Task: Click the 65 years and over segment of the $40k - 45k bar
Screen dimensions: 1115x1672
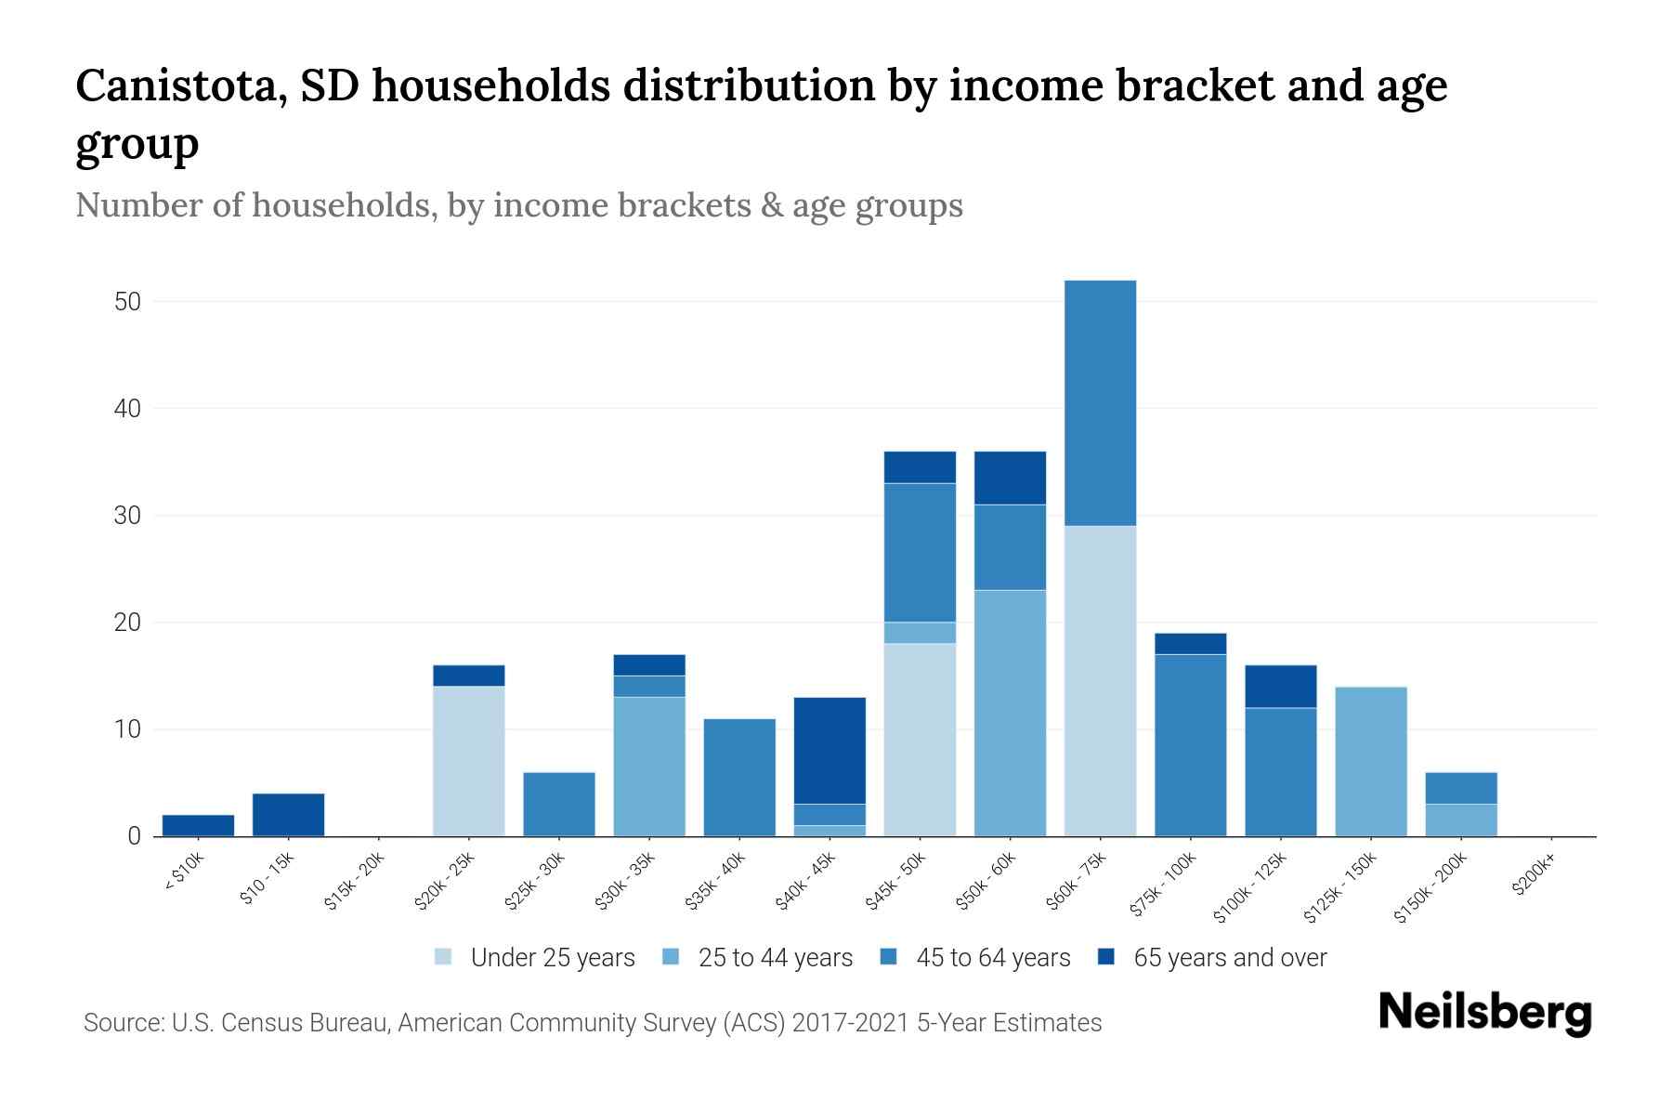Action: tap(829, 750)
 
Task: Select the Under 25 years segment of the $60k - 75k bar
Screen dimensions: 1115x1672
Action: tap(1100, 680)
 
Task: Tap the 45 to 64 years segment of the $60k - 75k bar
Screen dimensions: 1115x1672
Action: tap(1100, 402)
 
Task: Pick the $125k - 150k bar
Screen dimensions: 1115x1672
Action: tap(1370, 761)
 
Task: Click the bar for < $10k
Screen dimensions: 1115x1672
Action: tap(198, 825)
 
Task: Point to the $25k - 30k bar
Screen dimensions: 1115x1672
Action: tap(559, 804)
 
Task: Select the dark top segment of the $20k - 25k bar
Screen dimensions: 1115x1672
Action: tap(469, 676)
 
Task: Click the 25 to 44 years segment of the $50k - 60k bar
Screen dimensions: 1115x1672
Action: tap(1010, 713)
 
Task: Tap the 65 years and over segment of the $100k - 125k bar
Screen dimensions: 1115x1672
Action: tap(1280, 687)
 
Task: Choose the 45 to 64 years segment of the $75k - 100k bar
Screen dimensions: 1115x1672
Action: tap(1190, 745)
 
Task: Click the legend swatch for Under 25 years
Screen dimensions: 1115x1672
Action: tap(444, 957)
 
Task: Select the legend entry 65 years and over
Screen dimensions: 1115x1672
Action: tap(1230, 958)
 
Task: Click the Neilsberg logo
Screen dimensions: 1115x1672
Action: tap(1485, 1014)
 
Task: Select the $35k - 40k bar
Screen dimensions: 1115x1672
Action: tap(739, 778)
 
